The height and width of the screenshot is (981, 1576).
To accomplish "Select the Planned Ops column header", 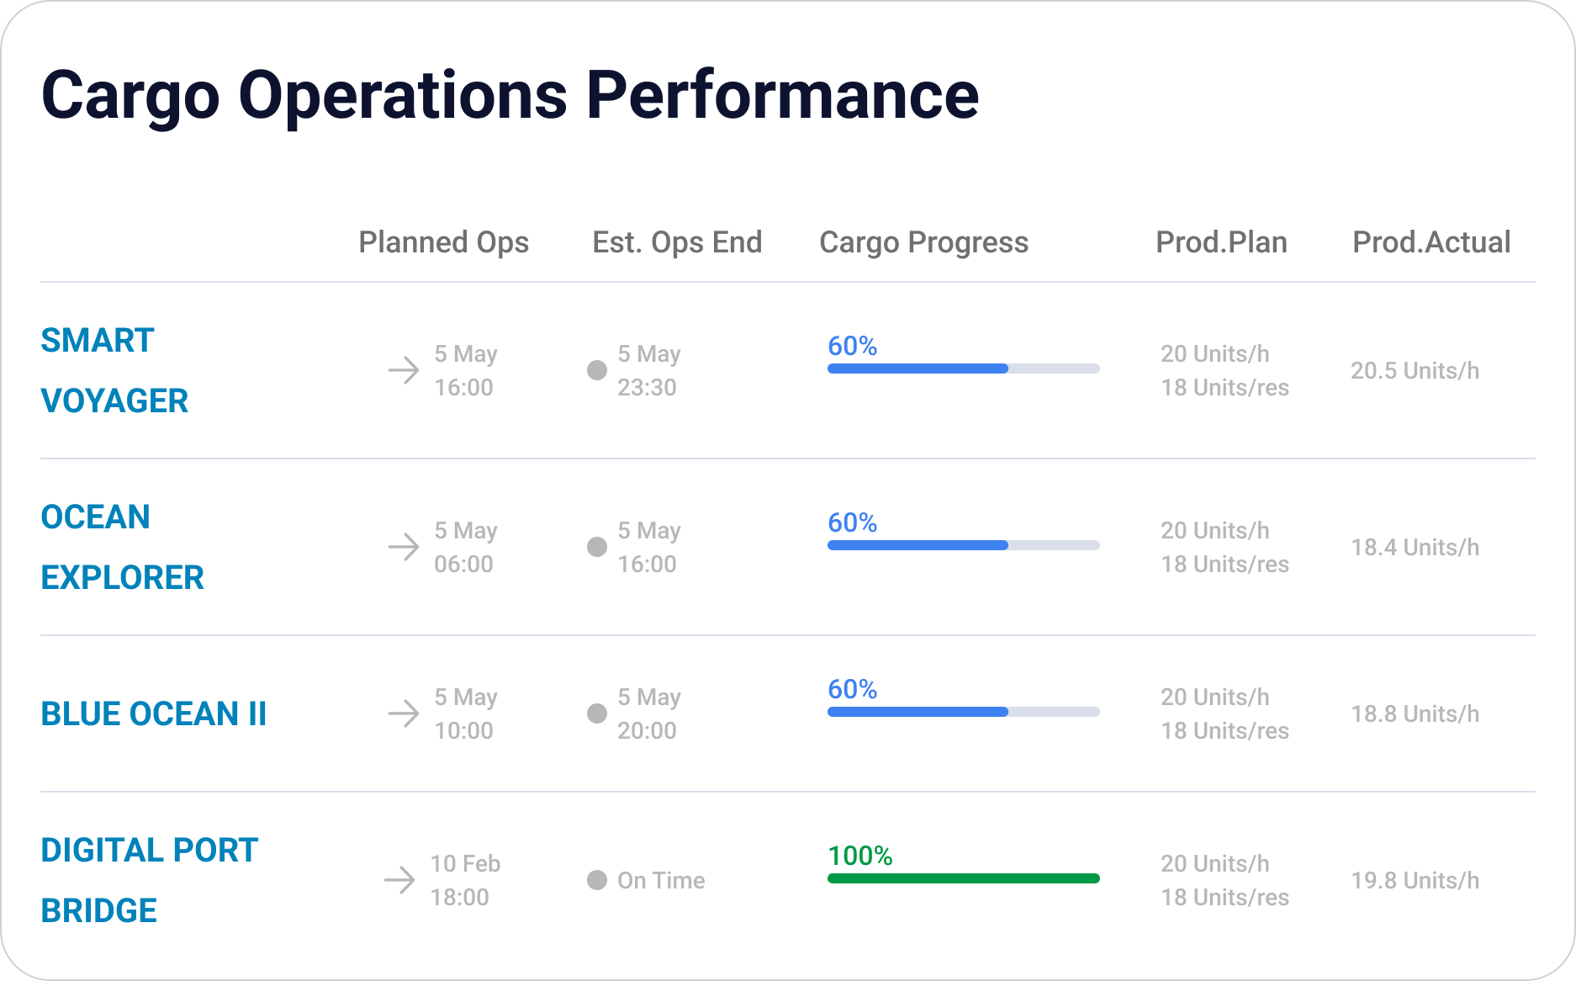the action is (443, 242).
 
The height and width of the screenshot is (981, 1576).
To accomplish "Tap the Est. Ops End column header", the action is (677, 242).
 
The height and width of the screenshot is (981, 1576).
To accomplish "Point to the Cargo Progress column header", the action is (923, 242).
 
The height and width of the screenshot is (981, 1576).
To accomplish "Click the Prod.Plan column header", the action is (1221, 242).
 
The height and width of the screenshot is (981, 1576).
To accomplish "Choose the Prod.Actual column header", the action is (1431, 242).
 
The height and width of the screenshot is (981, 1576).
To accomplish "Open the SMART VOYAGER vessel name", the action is (114, 370).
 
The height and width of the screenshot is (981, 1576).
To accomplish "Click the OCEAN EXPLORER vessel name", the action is (123, 547).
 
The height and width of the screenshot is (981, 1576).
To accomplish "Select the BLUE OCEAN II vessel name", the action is (154, 713).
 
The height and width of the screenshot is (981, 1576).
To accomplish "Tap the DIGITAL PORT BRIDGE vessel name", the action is (150, 880).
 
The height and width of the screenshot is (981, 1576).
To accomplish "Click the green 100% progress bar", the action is (964, 878).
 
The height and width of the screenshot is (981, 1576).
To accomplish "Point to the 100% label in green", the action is (860, 856).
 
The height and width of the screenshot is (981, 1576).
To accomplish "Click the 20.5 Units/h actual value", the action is (1415, 370).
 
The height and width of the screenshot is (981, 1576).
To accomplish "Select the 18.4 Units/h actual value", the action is (1415, 547).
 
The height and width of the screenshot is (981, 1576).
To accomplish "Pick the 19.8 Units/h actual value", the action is (1415, 880).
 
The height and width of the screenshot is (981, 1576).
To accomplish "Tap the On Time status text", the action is (661, 880).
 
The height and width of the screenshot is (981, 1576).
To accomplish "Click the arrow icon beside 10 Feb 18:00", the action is (399, 880).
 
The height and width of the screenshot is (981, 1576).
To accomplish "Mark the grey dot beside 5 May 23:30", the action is (597, 370).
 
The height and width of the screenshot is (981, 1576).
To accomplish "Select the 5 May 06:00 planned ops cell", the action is (466, 547).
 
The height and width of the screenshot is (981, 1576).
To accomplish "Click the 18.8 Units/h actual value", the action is (1415, 713).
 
